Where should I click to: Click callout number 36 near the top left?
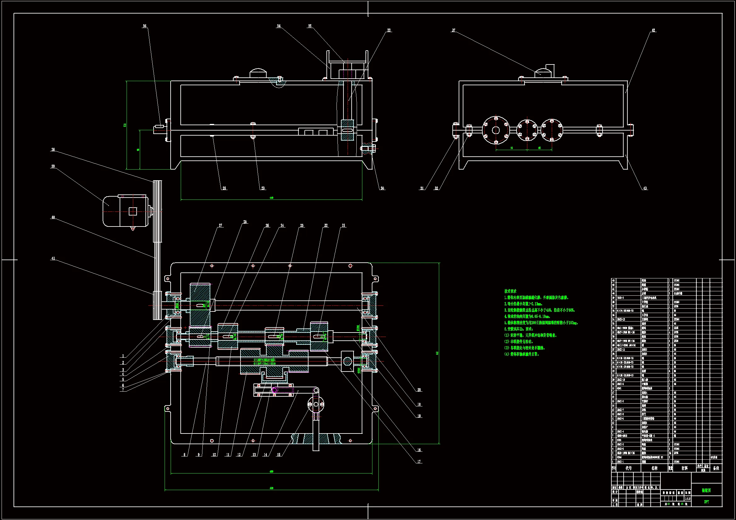[x=144, y=26]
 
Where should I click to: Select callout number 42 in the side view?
[x=653, y=31]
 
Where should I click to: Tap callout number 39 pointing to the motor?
[x=53, y=166]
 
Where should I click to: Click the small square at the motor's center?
[x=133, y=211]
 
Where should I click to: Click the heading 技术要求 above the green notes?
[x=510, y=291]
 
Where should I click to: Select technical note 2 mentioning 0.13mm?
[x=523, y=304]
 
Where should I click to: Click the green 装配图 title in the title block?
[x=706, y=490]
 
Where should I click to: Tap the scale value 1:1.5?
[x=688, y=499]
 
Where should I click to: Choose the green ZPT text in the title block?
[x=706, y=502]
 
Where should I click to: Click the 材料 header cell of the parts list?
[x=684, y=468]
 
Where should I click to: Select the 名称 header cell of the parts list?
[x=654, y=468]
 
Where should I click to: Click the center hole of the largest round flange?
[x=495, y=130]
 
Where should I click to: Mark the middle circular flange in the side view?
[x=527, y=130]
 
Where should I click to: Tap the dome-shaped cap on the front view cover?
[x=258, y=73]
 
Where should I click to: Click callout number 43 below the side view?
[x=645, y=188]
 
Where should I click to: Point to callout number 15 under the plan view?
[x=279, y=455]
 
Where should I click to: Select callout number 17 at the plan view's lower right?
[x=419, y=462]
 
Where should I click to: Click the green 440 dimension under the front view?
[x=271, y=198]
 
